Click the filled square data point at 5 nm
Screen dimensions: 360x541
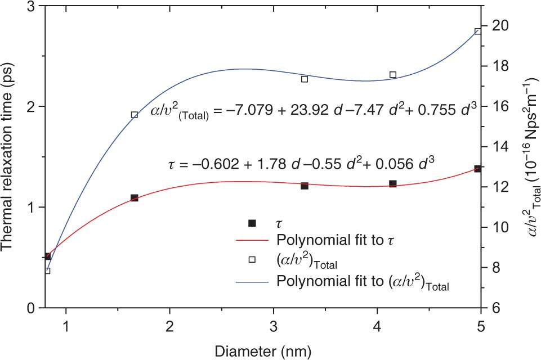477,169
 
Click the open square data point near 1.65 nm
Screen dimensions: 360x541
134,115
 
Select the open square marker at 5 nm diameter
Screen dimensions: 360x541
477,31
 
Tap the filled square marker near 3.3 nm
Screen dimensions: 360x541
304,186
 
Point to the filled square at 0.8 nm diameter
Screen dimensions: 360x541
48,256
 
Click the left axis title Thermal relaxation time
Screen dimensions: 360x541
10,157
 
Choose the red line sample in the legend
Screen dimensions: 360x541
252,240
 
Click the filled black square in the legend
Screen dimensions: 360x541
252,222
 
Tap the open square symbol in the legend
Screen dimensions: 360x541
252,259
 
